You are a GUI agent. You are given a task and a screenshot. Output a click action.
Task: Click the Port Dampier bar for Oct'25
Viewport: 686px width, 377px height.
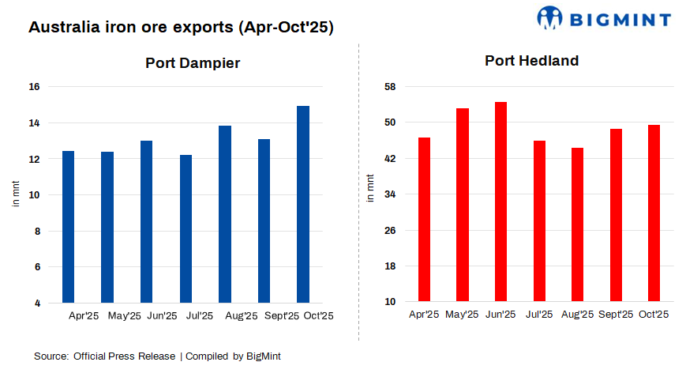[302, 204]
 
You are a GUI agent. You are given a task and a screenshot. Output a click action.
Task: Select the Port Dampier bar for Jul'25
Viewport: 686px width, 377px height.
[186, 228]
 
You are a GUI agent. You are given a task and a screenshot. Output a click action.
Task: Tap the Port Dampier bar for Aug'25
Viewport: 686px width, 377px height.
[225, 213]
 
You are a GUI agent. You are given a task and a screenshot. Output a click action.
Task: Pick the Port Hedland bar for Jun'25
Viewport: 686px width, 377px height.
[500, 202]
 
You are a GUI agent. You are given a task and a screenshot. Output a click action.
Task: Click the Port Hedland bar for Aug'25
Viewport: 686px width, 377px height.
[577, 224]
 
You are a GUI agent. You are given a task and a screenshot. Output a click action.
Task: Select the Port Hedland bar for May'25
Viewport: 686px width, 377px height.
[463, 205]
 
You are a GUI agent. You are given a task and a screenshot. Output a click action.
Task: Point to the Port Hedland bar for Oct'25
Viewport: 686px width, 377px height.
[654, 213]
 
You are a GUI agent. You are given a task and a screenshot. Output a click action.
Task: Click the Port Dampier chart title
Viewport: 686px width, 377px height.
[193, 63]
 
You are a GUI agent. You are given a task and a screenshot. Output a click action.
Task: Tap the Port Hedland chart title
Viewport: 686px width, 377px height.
[531, 61]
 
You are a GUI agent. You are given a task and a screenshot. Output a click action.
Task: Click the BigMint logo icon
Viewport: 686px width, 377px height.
[549, 17]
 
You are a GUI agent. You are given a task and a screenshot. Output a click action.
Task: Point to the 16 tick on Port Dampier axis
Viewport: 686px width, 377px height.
[36, 87]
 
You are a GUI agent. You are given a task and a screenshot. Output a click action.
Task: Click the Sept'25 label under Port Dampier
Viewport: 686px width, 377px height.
[279, 316]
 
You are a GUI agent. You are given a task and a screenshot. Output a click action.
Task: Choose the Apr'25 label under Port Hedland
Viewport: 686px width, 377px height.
[424, 315]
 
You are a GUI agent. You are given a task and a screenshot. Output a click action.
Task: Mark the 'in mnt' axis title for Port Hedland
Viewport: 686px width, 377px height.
[370, 187]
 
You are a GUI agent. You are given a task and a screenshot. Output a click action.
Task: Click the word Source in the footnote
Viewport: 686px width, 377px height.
[50, 356]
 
